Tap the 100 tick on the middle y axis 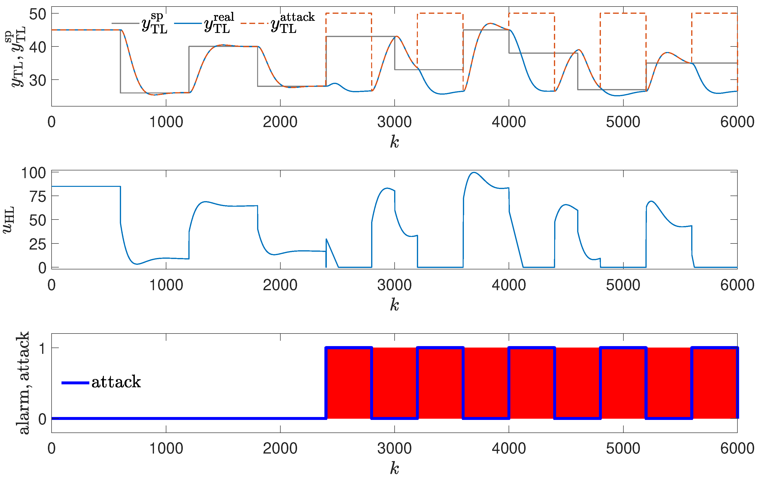click(x=33, y=173)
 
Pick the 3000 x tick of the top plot click(x=394, y=122)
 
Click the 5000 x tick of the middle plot click(x=623, y=285)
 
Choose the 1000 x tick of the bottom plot click(x=166, y=448)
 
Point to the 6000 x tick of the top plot click(x=737, y=122)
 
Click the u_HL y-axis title click(x=9, y=220)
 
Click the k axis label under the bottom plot click(x=394, y=468)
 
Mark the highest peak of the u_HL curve click(x=474, y=173)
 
